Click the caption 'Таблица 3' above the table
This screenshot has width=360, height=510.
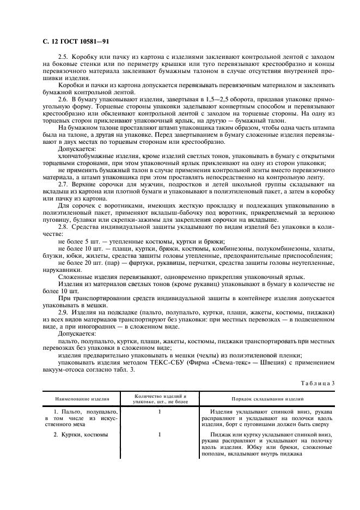tap(318, 383)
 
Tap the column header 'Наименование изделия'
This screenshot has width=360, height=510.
tap(82, 399)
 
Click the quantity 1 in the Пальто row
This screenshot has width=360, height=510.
tap(160, 412)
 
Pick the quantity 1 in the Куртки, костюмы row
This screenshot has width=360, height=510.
tap(160, 435)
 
